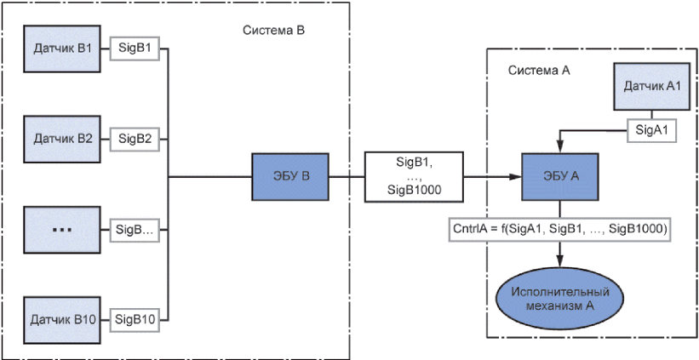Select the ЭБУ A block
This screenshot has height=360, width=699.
[x=561, y=177]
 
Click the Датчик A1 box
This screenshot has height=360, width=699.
[x=651, y=87]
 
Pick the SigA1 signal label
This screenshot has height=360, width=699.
[x=651, y=130]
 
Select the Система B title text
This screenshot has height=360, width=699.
[x=273, y=30]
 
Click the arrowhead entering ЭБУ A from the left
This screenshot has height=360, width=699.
[x=516, y=177]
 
